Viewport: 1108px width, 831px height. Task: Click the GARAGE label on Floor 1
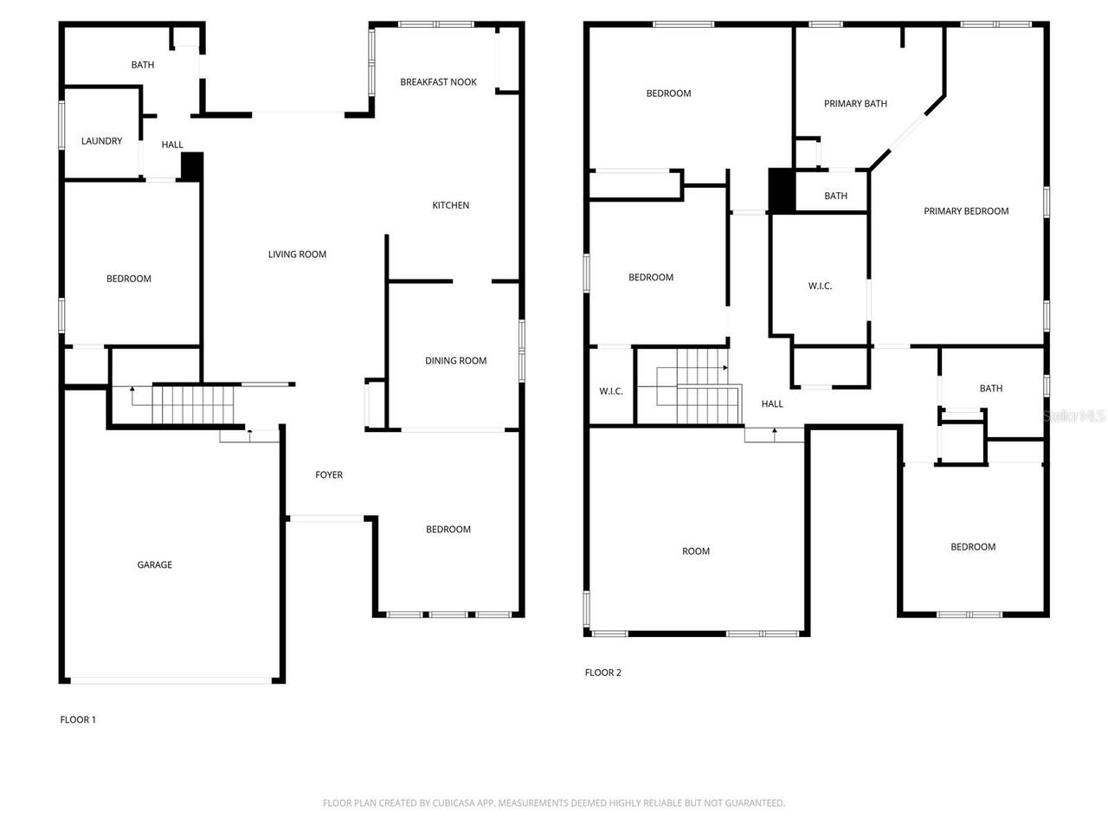[154, 565]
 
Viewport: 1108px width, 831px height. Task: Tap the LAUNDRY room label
[101, 141]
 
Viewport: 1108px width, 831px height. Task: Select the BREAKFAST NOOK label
[438, 82]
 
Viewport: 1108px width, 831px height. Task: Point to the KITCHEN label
[450, 205]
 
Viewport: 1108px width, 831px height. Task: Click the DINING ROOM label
[455, 361]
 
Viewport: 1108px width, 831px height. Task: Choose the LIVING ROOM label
[297, 254]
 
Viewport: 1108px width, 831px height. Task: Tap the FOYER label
[328, 475]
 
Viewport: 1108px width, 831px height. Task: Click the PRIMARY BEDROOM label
[965, 211]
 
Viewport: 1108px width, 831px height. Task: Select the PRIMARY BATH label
[854, 104]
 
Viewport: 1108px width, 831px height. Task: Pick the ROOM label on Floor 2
[695, 551]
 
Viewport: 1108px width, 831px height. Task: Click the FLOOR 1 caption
[78, 719]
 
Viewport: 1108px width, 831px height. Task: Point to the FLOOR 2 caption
[602, 673]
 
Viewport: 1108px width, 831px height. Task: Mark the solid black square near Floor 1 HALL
[191, 166]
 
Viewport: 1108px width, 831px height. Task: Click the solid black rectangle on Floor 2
[782, 190]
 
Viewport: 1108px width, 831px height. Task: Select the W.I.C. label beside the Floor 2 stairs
[610, 391]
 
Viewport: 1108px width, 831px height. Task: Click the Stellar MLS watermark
[1073, 416]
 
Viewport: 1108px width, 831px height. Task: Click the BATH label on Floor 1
[143, 65]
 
